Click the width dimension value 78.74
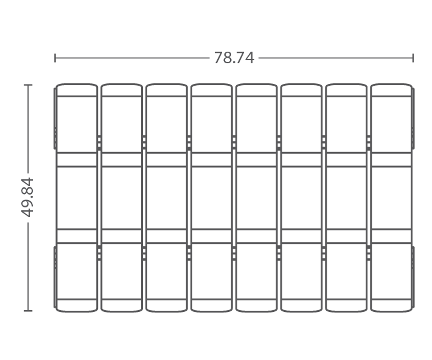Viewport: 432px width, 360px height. tap(234, 58)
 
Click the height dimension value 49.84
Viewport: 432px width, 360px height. tap(27, 197)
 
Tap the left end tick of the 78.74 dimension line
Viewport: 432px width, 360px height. tap(55, 58)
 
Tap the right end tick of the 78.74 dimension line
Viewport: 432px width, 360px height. tap(413, 58)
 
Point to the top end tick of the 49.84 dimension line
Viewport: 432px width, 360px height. tap(28, 85)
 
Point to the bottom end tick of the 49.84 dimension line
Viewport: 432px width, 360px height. tap(28, 311)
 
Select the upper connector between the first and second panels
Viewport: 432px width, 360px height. tap(99, 143)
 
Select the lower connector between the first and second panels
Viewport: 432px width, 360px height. tap(99, 253)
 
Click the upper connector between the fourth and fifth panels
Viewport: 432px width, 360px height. tap(234, 143)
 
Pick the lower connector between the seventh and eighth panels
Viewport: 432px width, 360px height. tap(369, 253)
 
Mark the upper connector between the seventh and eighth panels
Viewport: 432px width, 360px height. tap(369, 143)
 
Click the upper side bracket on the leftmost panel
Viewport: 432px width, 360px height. tap(55, 119)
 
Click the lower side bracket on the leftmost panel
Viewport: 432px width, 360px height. tap(55, 277)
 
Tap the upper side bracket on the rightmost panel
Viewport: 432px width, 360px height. tap(413, 119)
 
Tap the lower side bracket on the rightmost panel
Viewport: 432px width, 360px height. tap(413, 277)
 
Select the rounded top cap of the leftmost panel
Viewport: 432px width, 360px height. tap(77, 90)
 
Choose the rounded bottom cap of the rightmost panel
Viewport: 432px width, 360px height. tap(391, 305)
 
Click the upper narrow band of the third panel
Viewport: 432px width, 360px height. tap(167, 159)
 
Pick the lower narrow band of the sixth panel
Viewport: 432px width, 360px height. tap(301, 236)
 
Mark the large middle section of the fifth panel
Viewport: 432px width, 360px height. tap(257, 198)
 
